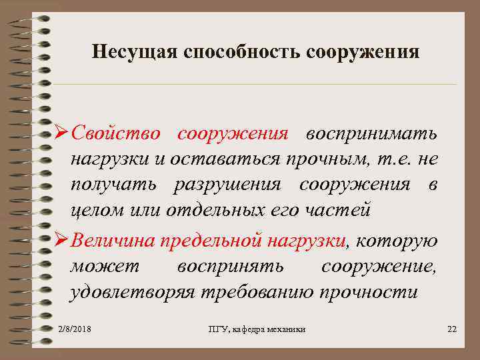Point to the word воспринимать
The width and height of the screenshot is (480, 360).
click(x=371, y=133)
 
